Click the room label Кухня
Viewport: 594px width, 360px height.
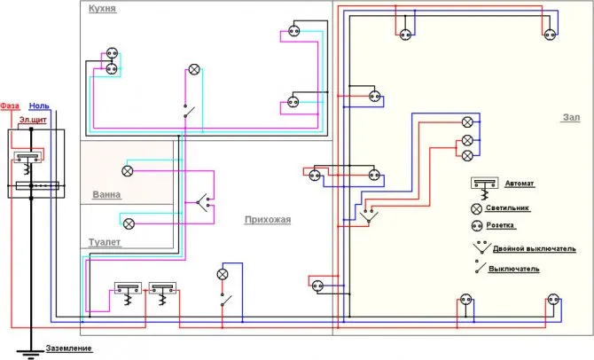pos(102,9)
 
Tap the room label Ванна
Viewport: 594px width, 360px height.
pos(106,195)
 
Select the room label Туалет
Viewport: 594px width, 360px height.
pos(105,242)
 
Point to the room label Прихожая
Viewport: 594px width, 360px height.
pos(268,220)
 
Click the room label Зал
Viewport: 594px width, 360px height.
pos(571,117)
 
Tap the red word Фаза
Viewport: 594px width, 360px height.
pos(10,106)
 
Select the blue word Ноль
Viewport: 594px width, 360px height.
pos(39,106)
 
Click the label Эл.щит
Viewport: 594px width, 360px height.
pos(33,120)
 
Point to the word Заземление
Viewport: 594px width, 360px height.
pos(68,348)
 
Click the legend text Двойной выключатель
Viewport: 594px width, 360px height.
pos(534,249)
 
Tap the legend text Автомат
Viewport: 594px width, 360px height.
pos(520,184)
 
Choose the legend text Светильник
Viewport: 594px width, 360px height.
pos(507,208)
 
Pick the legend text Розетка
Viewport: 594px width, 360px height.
pos(500,225)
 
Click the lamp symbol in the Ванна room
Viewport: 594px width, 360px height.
pos(128,171)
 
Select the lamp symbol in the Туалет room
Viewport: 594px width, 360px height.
pos(129,223)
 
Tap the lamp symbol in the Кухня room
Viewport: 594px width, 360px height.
pos(194,69)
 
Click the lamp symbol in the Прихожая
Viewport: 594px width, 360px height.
pos(223,274)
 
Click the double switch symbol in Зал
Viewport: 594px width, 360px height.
pos(368,216)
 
